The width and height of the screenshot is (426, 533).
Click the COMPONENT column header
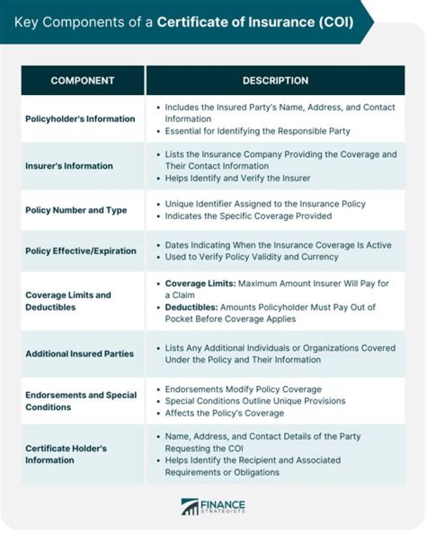(x=82, y=80)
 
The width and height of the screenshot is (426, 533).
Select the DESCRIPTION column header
(x=275, y=80)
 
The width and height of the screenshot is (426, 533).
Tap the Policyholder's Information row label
(x=80, y=119)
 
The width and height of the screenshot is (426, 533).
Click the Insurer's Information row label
(x=69, y=166)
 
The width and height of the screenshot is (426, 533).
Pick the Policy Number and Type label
(x=76, y=210)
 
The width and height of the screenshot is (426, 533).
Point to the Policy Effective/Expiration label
(x=80, y=251)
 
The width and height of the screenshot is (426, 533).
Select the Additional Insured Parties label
(x=79, y=354)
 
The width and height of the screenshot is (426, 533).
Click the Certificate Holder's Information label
(x=66, y=454)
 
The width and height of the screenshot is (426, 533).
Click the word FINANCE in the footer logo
(x=222, y=503)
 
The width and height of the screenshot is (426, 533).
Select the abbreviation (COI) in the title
(x=334, y=22)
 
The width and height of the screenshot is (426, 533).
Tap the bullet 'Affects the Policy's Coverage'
(x=224, y=413)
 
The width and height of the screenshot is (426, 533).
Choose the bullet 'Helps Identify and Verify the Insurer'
(x=237, y=178)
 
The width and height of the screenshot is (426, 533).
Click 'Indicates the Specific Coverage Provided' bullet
(x=248, y=216)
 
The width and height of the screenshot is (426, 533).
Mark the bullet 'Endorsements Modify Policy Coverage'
(x=243, y=389)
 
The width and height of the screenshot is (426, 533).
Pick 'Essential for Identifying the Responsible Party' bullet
(x=257, y=131)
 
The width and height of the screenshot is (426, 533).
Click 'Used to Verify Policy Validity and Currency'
(x=251, y=256)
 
